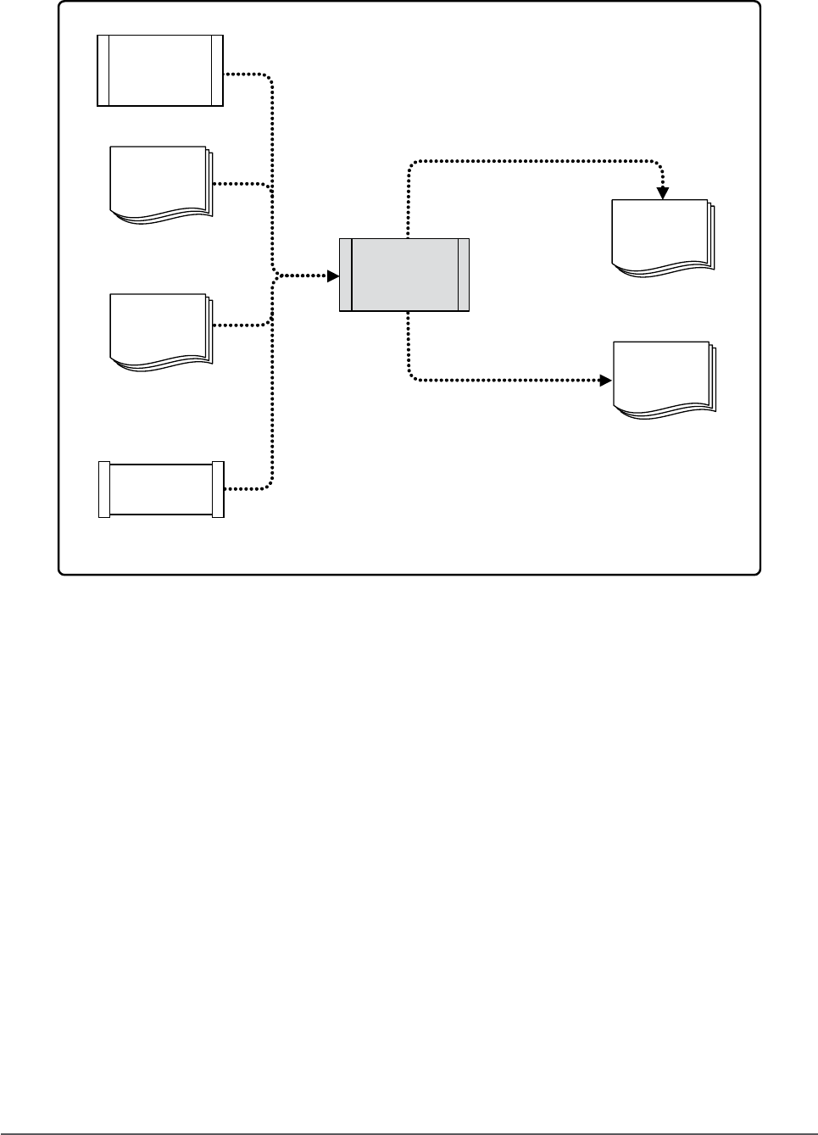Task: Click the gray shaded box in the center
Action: click(x=404, y=275)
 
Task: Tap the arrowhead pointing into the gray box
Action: click(x=333, y=275)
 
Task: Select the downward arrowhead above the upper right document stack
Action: click(x=663, y=192)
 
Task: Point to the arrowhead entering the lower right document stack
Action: click(x=605, y=381)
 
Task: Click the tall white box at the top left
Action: click(x=160, y=70)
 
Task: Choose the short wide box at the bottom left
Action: click(x=161, y=489)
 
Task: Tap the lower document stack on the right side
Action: click(x=663, y=379)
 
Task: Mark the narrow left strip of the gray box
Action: click(x=345, y=275)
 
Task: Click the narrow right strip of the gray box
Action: click(x=463, y=275)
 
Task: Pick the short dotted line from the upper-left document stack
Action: click(x=241, y=183)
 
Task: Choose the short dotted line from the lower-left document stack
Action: click(x=241, y=325)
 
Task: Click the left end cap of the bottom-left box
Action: click(x=104, y=489)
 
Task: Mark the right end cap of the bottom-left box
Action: click(x=218, y=489)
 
